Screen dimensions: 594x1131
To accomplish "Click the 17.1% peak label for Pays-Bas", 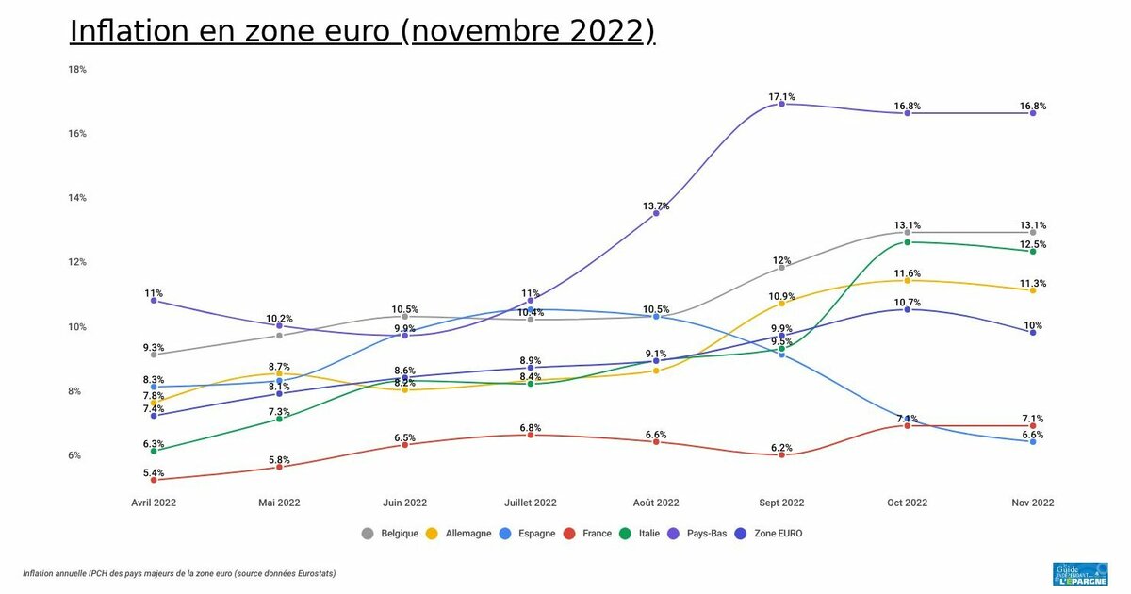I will pyautogui.click(x=781, y=96).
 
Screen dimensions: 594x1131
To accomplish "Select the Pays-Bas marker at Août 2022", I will pyautogui.click(x=656, y=213).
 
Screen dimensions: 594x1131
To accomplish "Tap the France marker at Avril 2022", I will pyautogui.click(x=154, y=480).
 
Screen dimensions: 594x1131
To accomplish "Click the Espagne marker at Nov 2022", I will pyautogui.click(x=1033, y=441).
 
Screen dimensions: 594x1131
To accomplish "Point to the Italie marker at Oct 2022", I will pyautogui.click(x=908, y=242).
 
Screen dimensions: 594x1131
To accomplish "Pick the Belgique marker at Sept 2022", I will pyautogui.click(x=781, y=268).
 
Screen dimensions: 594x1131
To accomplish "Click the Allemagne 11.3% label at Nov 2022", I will pyautogui.click(x=1033, y=283).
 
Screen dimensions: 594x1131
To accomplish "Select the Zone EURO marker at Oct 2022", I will pyautogui.click(x=908, y=309).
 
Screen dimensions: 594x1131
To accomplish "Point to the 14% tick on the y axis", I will pyautogui.click(x=76, y=198).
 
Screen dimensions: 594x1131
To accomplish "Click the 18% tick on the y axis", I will pyautogui.click(x=76, y=69).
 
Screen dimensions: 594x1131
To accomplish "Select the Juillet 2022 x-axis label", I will pyautogui.click(x=531, y=503).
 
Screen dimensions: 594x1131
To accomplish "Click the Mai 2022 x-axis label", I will pyautogui.click(x=279, y=503).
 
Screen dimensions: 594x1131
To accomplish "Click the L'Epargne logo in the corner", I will pyautogui.click(x=1079, y=575).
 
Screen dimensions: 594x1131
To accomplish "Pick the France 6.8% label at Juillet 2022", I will pyautogui.click(x=531, y=427).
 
